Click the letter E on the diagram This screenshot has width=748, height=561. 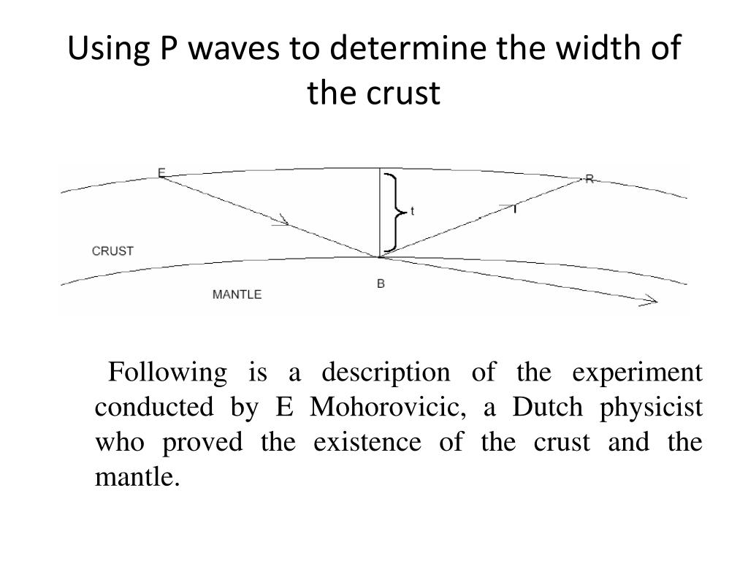pyautogui.click(x=161, y=173)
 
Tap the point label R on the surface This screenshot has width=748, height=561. pyautogui.click(x=589, y=179)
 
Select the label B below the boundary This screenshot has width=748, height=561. pyautogui.click(x=381, y=283)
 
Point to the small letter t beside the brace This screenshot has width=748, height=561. pyautogui.click(x=413, y=211)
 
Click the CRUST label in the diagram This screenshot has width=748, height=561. pyautogui.click(x=112, y=251)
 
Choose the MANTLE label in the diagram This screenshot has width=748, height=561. pyautogui.click(x=237, y=294)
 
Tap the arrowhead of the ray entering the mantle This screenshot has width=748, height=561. pyautogui.click(x=650, y=300)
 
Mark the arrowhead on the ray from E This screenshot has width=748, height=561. pyautogui.click(x=283, y=221)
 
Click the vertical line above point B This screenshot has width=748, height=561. pyautogui.click(x=379, y=212)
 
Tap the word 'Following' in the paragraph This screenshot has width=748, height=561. pyautogui.click(x=167, y=373)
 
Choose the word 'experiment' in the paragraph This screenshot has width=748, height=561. pyautogui.click(x=637, y=373)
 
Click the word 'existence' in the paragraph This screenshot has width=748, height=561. pyautogui.click(x=367, y=443)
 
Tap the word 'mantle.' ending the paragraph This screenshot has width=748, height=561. pyautogui.click(x=137, y=478)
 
